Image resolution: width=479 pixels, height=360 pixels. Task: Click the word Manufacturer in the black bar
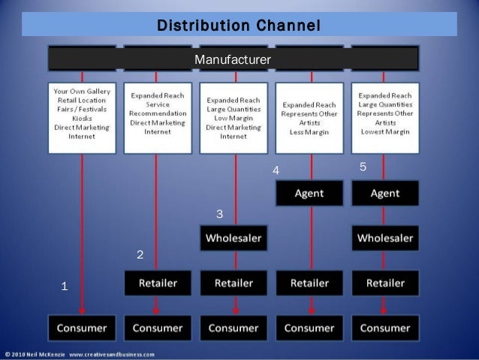233,59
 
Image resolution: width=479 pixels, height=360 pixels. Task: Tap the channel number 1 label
65,286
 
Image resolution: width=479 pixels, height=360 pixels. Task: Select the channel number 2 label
140,256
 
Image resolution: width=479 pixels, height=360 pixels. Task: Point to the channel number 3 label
219,215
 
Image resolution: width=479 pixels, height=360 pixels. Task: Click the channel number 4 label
276,171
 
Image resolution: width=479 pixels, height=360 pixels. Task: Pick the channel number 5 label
363,167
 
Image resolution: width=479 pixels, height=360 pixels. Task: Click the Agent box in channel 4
309,193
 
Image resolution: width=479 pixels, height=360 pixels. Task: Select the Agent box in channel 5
385,193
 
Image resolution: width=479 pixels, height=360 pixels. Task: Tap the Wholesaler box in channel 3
233,238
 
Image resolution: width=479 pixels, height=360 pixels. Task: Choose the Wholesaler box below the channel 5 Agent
385,238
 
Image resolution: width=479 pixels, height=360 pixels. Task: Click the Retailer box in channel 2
157,283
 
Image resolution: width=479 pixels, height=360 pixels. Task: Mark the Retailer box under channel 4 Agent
309,283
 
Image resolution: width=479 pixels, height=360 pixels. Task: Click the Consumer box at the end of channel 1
82,328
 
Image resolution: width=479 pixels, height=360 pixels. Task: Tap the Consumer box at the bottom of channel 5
385,328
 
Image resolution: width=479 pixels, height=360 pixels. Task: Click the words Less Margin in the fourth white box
309,132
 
